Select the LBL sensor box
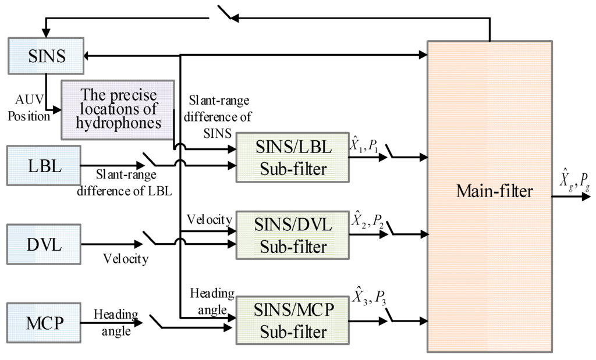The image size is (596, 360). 44,166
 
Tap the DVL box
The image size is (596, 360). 44,243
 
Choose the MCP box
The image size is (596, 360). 44,322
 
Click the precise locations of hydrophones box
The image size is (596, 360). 119,109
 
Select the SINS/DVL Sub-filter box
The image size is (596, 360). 293,236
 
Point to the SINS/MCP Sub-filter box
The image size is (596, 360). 293,320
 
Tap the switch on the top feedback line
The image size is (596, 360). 225,14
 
